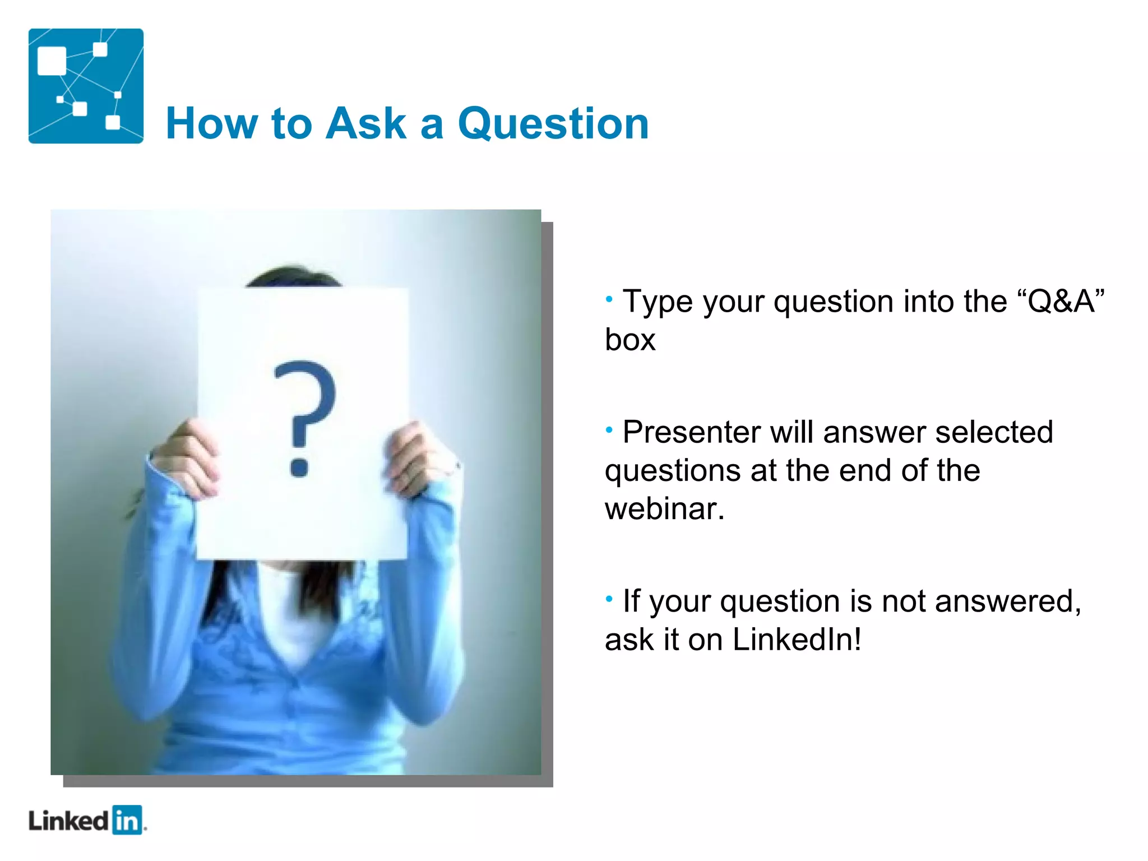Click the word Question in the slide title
tap(553, 124)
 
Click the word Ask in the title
tap(365, 123)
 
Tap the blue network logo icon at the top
tap(86, 86)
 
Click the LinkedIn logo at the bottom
tap(87, 821)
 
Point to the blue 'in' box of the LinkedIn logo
tap(127, 821)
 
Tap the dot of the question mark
tap(299, 466)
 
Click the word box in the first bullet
tap(630, 340)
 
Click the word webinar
tap(664, 509)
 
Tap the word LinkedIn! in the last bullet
tap(796, 639)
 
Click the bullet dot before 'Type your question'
tap(609, 299)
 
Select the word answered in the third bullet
tap(1007, 601)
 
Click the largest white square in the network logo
tap(52, 61)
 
